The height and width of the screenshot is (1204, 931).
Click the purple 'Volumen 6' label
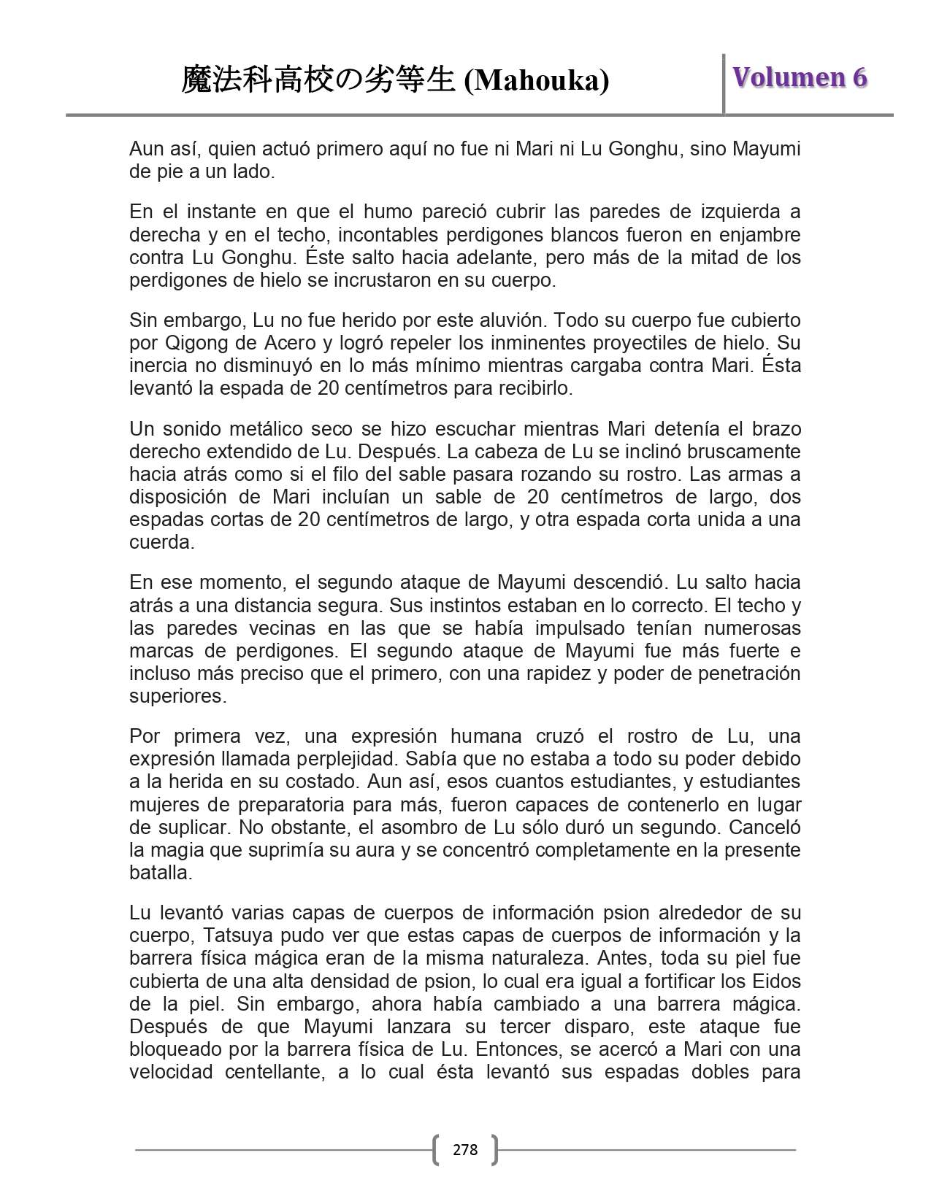[800, 77]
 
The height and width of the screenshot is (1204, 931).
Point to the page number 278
[465, 1150]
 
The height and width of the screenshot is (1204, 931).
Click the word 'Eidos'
[777, 980]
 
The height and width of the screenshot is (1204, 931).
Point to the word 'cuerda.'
[153, 542]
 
